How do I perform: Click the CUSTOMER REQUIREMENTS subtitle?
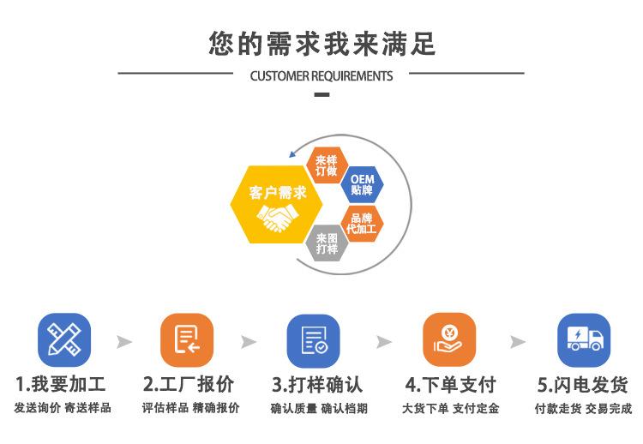point(321,75)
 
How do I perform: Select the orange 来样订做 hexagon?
point(327,164)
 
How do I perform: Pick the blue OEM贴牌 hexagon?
point(362,184)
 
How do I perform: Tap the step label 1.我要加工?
point(61,383)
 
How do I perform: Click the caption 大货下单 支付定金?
point(450,408)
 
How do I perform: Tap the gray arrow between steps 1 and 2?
point(125,342)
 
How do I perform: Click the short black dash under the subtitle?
point(321,93)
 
